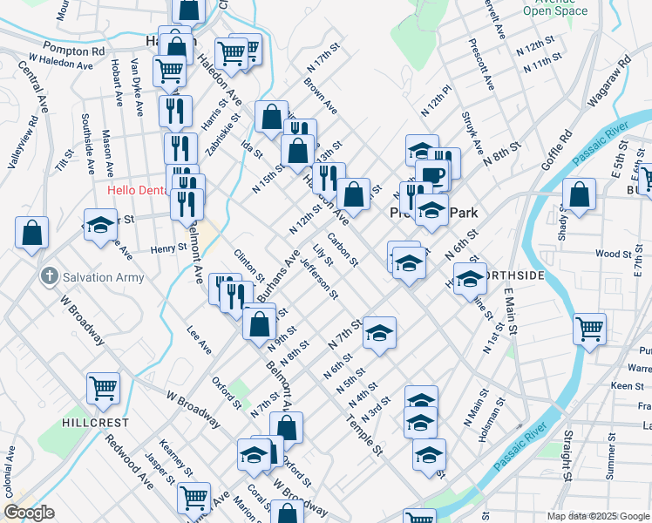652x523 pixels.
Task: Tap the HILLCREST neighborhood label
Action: [95, 422]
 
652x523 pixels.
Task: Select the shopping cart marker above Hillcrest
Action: [103, 389]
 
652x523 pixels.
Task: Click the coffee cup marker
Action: [431, 175]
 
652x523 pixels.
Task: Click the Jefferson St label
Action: [317, 277]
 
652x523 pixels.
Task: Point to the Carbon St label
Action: [343, 249]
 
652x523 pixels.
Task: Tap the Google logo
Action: [30, 513]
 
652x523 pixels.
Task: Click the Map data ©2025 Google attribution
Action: [597, 516]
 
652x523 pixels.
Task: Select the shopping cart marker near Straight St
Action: [589, 329]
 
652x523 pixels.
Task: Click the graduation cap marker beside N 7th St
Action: [379, 332]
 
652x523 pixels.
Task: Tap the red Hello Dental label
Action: [136, 190]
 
